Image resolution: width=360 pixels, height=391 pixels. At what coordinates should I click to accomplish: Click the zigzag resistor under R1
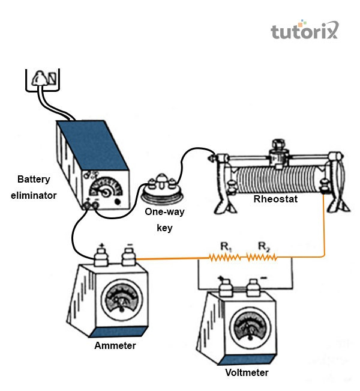pyautogui.click(x=224, y=258)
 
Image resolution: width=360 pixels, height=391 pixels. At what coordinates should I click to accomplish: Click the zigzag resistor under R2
pyautogui.click(x=262, y=258)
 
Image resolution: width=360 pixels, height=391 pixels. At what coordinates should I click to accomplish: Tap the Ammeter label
pyautogui.click(x=115, y=346)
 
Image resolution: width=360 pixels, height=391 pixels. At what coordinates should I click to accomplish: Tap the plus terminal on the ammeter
pyautogui.click(x=102, y=256)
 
